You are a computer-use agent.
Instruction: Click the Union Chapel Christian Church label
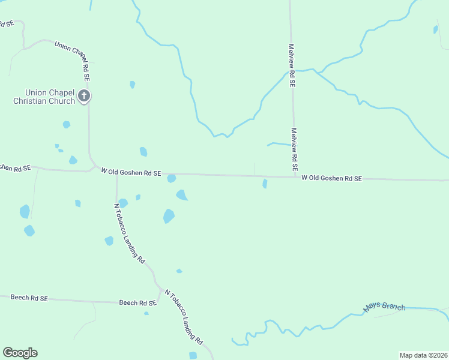point(44,97)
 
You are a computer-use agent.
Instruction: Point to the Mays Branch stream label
point(385,307)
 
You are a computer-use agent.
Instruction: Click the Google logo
point(20,353)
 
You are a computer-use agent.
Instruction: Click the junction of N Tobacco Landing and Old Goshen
point(116,172)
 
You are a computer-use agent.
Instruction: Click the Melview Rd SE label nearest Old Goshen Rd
point(295,149)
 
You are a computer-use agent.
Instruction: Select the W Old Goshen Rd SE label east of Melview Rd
point(332,178)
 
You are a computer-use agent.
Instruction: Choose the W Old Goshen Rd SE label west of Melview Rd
point(131,172)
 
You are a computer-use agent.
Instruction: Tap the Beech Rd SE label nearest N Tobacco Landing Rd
point(137,303)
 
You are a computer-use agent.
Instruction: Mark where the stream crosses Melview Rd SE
point(292,71)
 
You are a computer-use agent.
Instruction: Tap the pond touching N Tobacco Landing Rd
point(123,203)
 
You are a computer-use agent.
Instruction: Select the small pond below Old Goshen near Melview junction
point(265,184)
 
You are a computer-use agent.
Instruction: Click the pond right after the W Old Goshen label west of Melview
point(172,178)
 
